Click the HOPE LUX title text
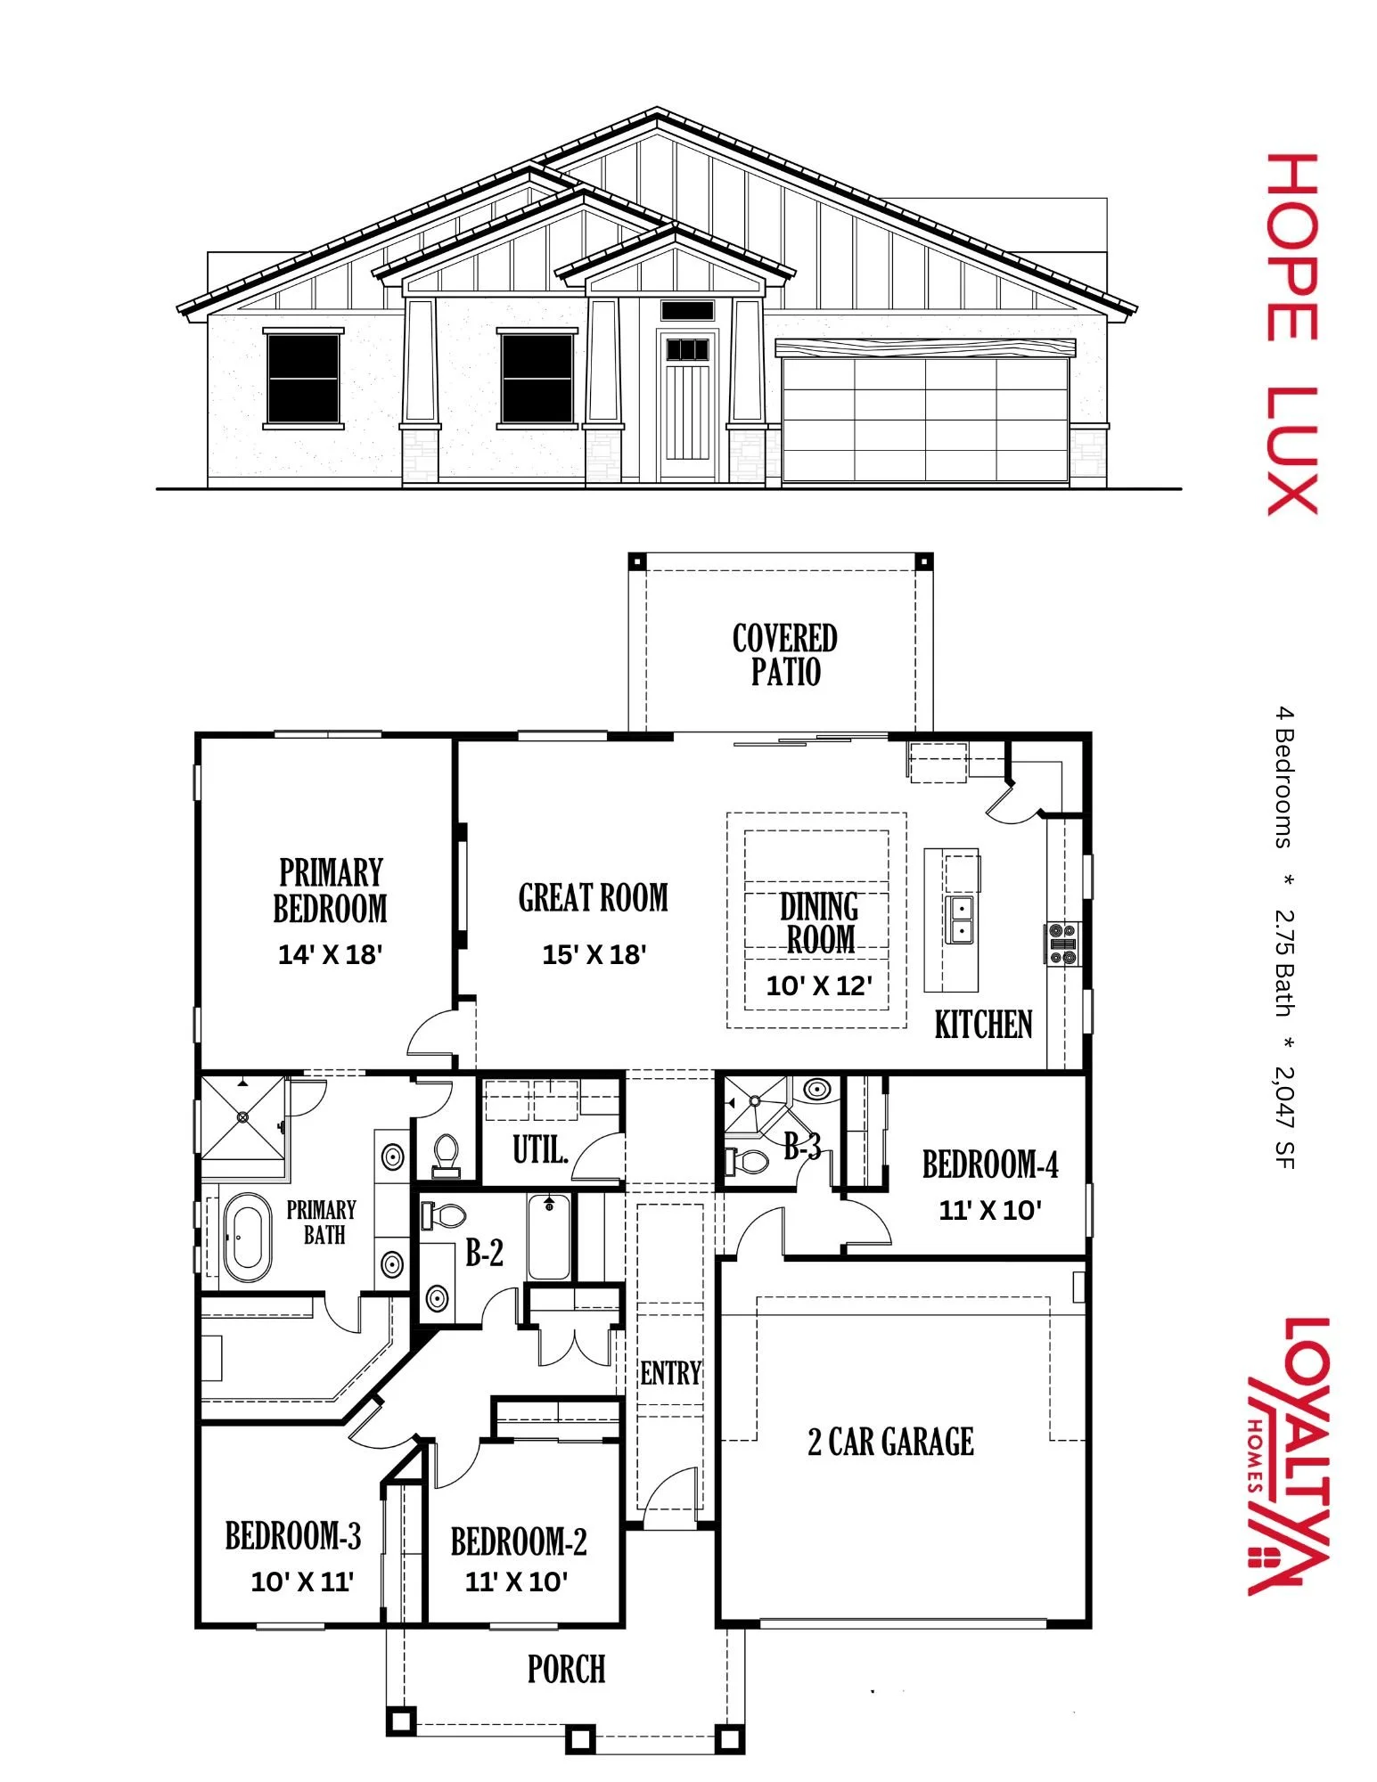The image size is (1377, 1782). coord(1292,334)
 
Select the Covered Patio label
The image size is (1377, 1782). coord(784,655)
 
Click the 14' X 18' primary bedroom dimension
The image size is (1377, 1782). coord(330,955)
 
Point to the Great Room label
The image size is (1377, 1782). coord(593,898)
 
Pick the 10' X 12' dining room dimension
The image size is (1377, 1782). coord(819,985)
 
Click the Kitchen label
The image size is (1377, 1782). coord(983,1025)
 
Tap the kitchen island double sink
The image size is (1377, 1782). coord(961,920)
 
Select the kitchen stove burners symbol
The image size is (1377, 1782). coord(1062,944)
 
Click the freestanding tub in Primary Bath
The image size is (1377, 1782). coord(247,1238)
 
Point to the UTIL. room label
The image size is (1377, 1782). coord(540,1149)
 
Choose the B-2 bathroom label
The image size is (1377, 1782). coord(484,1253)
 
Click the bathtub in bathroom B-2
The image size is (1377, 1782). coord(549,1238)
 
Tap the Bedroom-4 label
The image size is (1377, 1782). coord(989,1165)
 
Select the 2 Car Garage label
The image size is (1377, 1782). coord(890,1442)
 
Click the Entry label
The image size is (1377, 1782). coord(670,1373)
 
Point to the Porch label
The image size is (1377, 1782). coord(566,1669)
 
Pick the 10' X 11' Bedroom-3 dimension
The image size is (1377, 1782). coord(302,1582)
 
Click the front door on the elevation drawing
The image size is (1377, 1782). coord(686,405)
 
